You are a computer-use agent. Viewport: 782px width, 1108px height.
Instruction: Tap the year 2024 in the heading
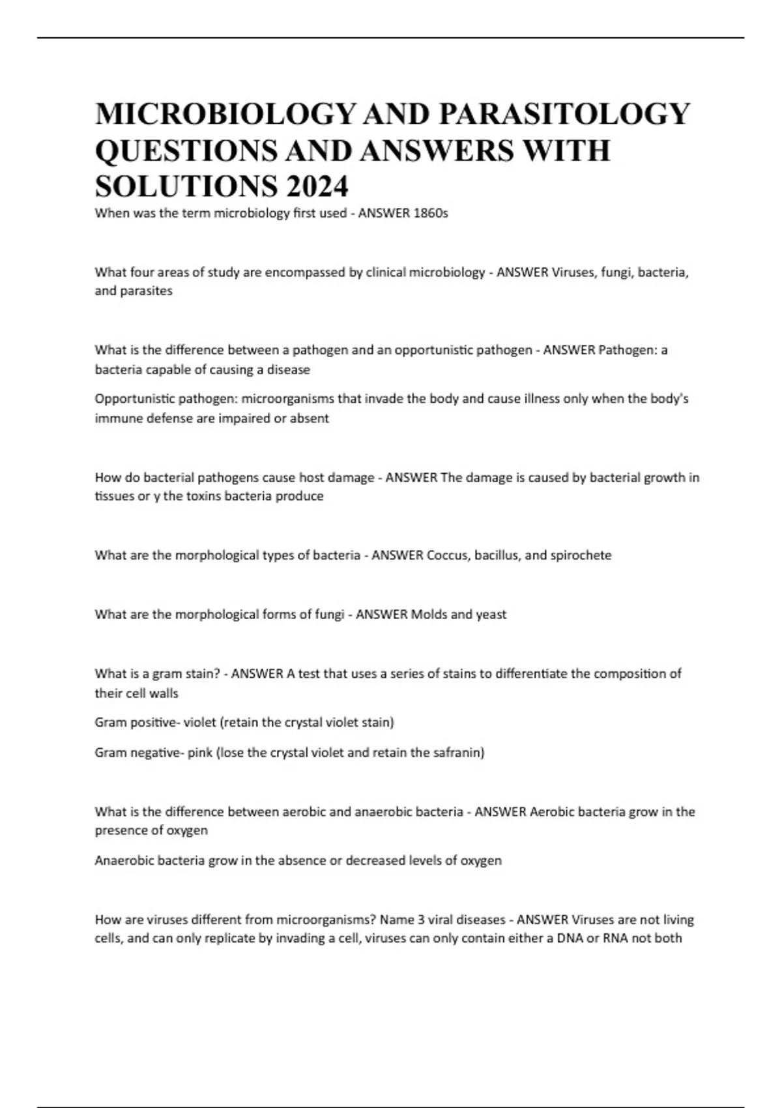(x=316, y=187)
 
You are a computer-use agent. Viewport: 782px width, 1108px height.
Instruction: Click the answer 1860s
(x=431, y=213)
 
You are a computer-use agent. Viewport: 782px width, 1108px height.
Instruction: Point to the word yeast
(x=491, y=615)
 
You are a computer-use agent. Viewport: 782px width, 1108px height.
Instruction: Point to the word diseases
(x=479, y=920)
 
